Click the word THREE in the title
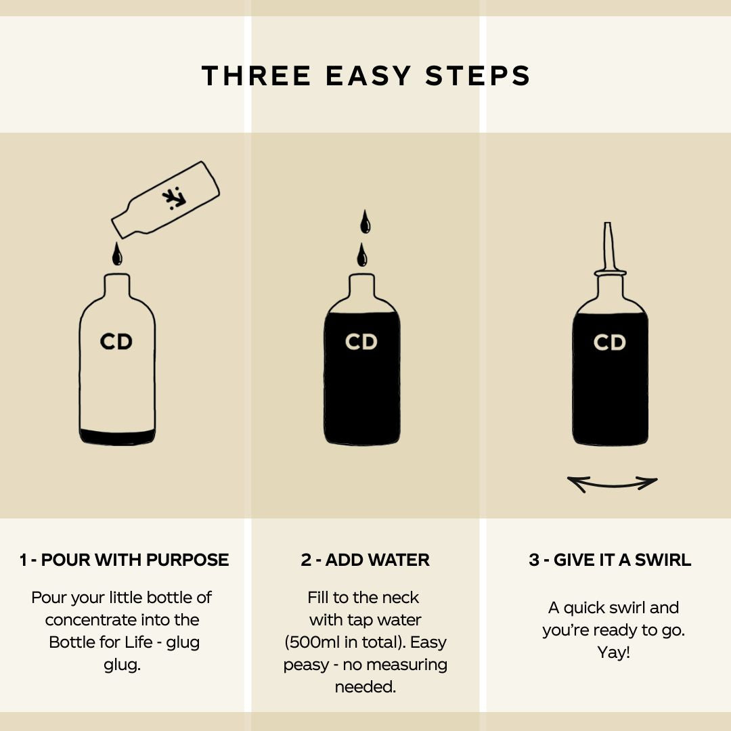tap(256, 76)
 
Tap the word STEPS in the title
tap(478, 76)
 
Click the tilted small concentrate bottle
tap(166, 200)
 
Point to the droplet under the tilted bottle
tap(117, 254)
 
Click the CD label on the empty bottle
tap(116, 342)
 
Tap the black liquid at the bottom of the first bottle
tap(117, 437)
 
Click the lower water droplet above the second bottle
tap(361, 254)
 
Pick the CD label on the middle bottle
tap(361, 342)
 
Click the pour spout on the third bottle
tap(608, 248)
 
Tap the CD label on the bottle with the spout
tap(609, 342)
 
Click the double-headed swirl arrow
tap(612, 485)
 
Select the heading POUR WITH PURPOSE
tap(135, 560)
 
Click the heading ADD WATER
tap(377, 560)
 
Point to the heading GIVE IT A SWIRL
tap(622, 560)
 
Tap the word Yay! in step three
tap(613, 652)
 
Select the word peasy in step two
tap(304, 665)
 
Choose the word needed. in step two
tap(365, 687)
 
